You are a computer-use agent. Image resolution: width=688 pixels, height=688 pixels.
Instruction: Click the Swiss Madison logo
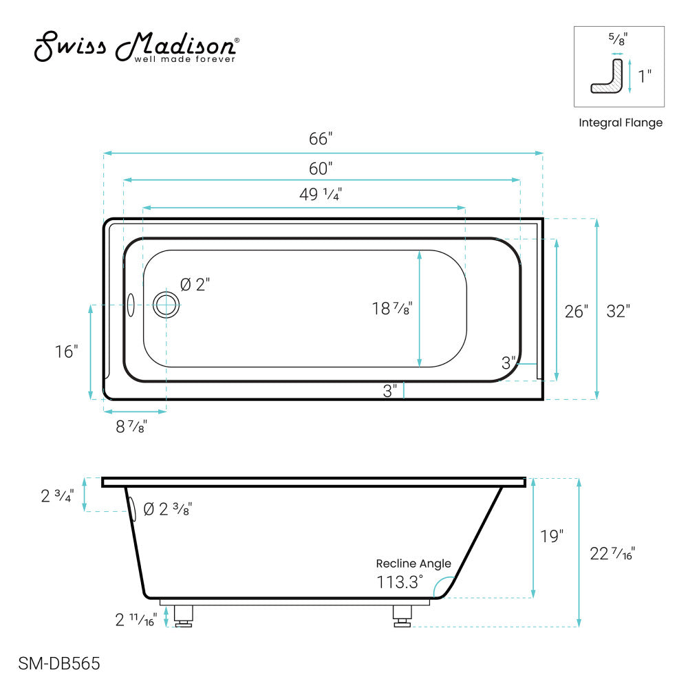pos(137,47)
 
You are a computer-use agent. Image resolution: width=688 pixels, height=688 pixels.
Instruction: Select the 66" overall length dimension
pos(321,139)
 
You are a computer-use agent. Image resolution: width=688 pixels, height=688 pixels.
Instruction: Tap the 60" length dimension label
pos(321,168)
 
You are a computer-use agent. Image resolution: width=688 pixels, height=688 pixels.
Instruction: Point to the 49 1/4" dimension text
pos(321,195)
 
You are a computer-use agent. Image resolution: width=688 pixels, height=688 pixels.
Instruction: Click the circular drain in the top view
pos(166,303)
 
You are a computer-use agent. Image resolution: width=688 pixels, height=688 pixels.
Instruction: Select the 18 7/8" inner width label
pos(392,309)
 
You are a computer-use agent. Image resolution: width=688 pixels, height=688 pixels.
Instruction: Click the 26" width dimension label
pos(577,311)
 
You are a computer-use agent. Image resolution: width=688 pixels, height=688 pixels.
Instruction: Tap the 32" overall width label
pos(618,311)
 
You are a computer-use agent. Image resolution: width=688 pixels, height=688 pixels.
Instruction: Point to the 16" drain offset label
pos(67,352)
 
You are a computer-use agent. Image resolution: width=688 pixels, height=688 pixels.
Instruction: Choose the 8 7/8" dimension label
pos(131,427)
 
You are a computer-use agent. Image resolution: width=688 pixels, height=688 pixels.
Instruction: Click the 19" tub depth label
pos(552,535)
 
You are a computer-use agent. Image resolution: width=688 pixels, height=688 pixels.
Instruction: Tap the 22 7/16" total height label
pos(612,552)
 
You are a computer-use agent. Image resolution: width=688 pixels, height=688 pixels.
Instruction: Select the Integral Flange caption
pos(620,123)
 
